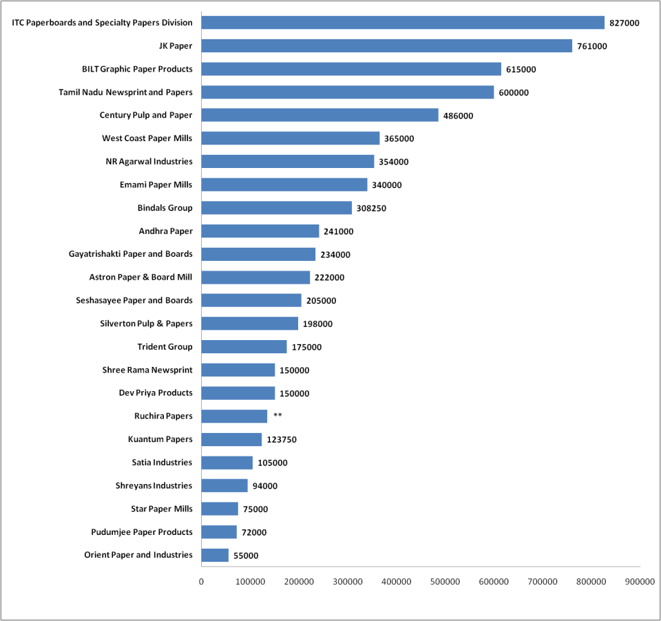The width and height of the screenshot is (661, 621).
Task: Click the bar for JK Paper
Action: (386, 46)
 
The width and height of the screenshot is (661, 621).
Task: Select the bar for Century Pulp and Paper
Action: (319, 115)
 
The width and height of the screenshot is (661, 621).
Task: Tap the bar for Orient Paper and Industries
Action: (215, 555)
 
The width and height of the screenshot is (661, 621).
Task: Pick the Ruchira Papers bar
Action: (234, 416)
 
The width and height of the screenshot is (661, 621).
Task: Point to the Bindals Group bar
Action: (276, 208)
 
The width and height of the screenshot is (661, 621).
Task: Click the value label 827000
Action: (625, 23)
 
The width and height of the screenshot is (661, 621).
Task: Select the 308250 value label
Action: (371, 208)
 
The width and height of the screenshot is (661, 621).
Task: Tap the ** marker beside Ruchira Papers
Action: (277, 416)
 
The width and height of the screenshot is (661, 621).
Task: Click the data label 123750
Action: (282, 439)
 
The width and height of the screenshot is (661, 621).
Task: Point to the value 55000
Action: (246, 556)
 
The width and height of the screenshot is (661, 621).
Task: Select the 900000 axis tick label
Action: (640, 582)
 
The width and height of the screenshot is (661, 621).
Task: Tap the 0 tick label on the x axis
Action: (201, 582)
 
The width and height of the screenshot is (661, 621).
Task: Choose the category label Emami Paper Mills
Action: (156, 185)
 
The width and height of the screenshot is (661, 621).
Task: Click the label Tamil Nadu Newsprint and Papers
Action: (125, 92)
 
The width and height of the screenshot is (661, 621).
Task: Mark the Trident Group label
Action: (165, 346)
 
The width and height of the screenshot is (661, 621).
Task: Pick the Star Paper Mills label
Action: (161, 509)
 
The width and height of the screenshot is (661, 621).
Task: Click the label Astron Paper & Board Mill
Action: (140, 277)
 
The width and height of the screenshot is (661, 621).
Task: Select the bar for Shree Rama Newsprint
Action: (238, 370)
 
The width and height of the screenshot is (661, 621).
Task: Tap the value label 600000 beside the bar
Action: (514, 92)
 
